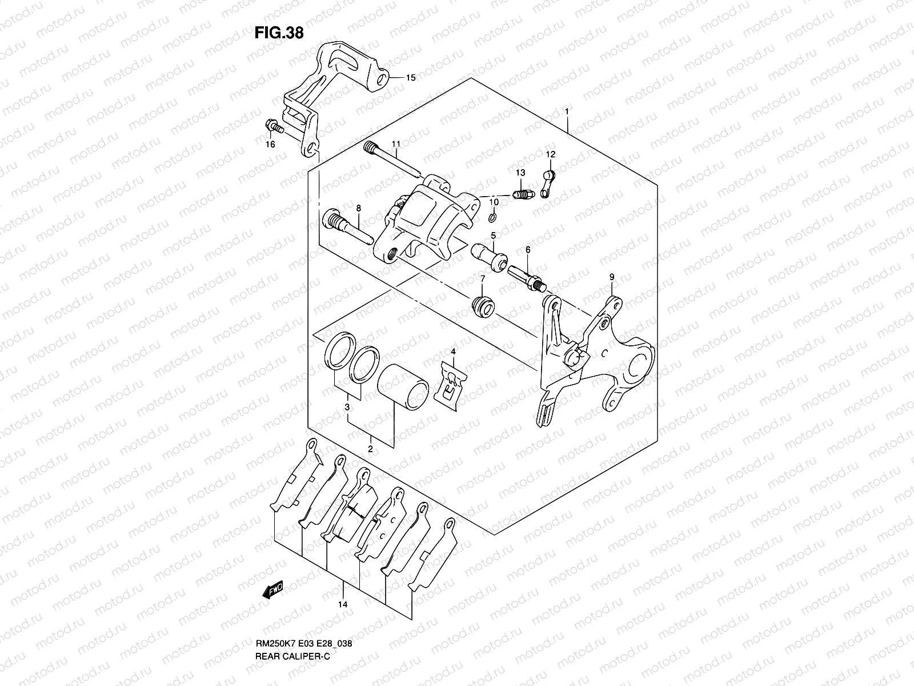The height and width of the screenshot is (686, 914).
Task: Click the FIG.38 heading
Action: (x=279, y=33)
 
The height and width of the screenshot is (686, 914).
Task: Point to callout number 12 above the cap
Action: (x=550, y=154)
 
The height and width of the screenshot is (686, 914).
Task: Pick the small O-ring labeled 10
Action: (x=493, y=218)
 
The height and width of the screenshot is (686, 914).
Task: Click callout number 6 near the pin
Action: (x=528, y=250)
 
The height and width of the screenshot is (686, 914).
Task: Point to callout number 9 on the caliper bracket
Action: (x=611, y=277)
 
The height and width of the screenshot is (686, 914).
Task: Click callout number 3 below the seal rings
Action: (x=347, y=406)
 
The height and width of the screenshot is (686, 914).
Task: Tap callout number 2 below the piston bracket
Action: (x=370, y=449)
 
